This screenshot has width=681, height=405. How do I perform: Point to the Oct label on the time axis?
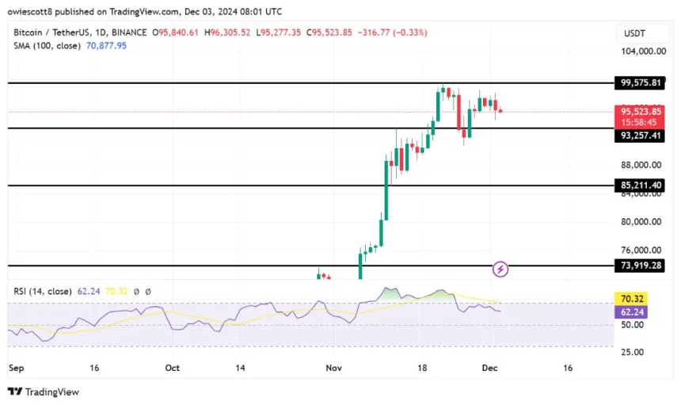pyautogui.click(x=173, y=369)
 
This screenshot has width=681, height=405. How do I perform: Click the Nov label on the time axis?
pyautogui.click(x=333, y=369)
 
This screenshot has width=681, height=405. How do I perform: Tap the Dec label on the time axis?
pyautogui.click(x=491, y=369)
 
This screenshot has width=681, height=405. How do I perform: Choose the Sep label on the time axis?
pyautogui.click(x=16, y=369)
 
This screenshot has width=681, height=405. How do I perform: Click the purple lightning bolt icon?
pyautogui.click(x=500, y=269)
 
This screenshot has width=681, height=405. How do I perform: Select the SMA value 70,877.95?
pyautogui.click(x=101, y=46)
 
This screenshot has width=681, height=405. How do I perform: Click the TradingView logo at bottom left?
pyautogui.click(x=44, y=392)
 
